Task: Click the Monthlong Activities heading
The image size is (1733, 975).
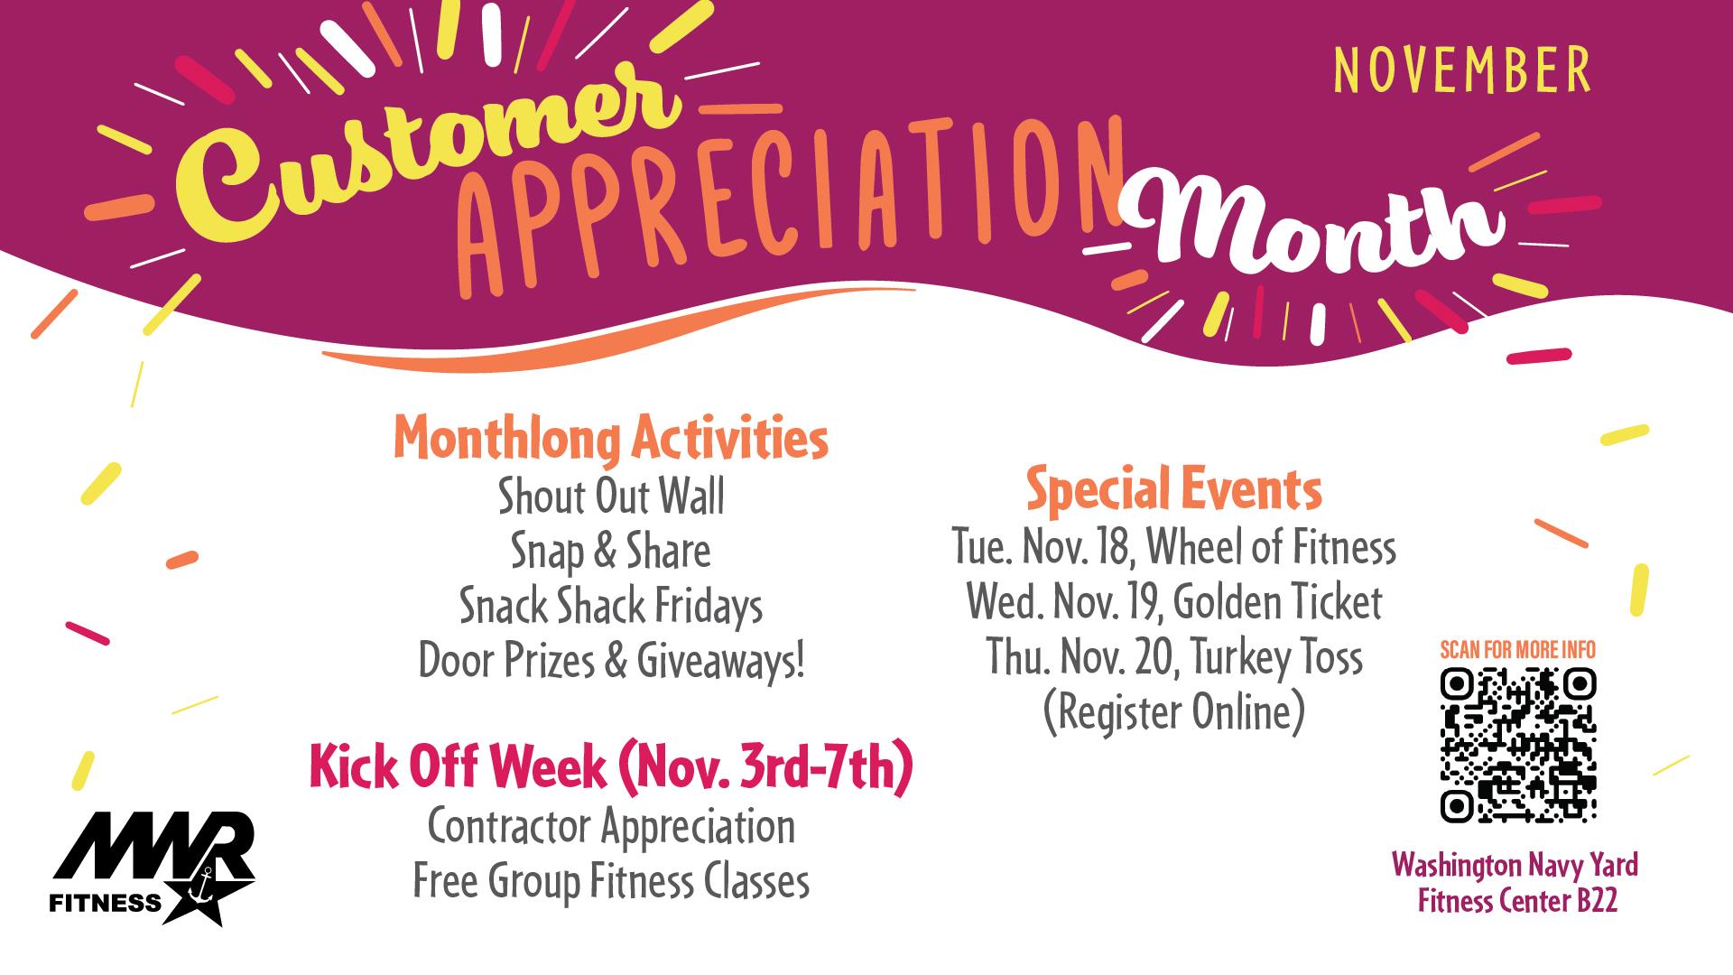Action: pyautogui.click(x=611, y=440)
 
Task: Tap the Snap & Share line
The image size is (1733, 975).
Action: pyautogui.click(x=611, y=552)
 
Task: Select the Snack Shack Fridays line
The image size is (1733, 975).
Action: pyautogui.click(x=611, y=607)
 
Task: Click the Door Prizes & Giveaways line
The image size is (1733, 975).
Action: pyautogui.click(x=611, y=662)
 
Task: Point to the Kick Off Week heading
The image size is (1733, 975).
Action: pyautogui.click(x=611, y=769)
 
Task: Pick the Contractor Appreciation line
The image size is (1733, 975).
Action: pyautogui.click(x=611, y=827)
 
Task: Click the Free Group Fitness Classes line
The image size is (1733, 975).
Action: pyautogui.click(x=611, y=882)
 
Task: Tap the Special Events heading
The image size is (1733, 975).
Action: pyautogui.click(x=1174, y=491)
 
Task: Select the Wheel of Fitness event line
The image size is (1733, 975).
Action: pyautogui.click(x=1174, y=547)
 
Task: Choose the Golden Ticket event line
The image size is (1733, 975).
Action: pyautogui.click(x=1174, y=602)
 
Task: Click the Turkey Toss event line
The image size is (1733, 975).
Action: pyautogui.click(x=1174, y=657)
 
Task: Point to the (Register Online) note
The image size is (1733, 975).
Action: pyautogui.click(x=1174, y=713)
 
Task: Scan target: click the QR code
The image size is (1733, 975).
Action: pyautogui.click(x=1518, y=745)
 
